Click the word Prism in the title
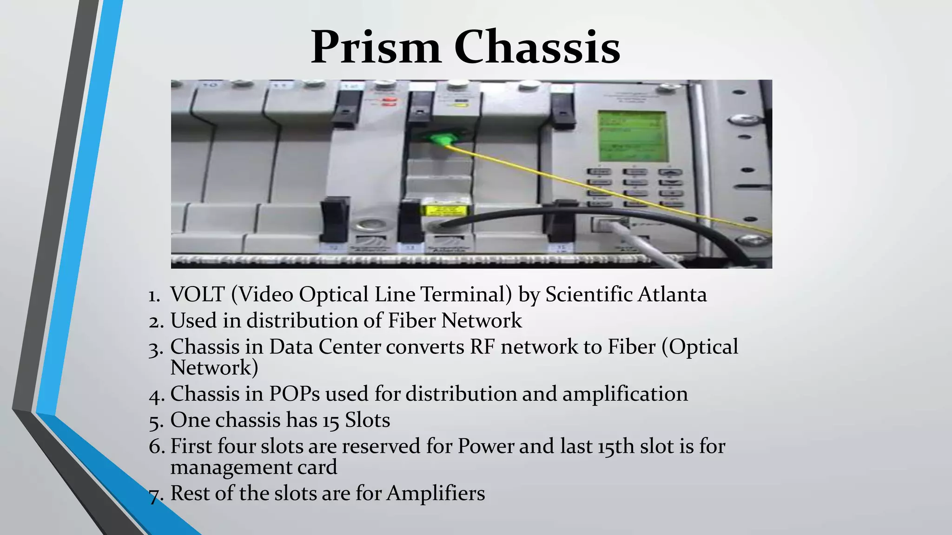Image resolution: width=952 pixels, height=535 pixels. point(376,47)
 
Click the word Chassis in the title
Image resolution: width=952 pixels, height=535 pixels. point(537,47)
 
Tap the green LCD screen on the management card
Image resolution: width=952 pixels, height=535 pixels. point(632,136)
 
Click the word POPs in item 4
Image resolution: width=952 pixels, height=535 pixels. point(294,394)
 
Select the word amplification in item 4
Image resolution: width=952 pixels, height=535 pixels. point(625,394)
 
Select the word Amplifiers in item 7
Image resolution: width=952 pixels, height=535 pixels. point(436,493)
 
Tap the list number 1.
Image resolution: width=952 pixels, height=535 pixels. point(154,296)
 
